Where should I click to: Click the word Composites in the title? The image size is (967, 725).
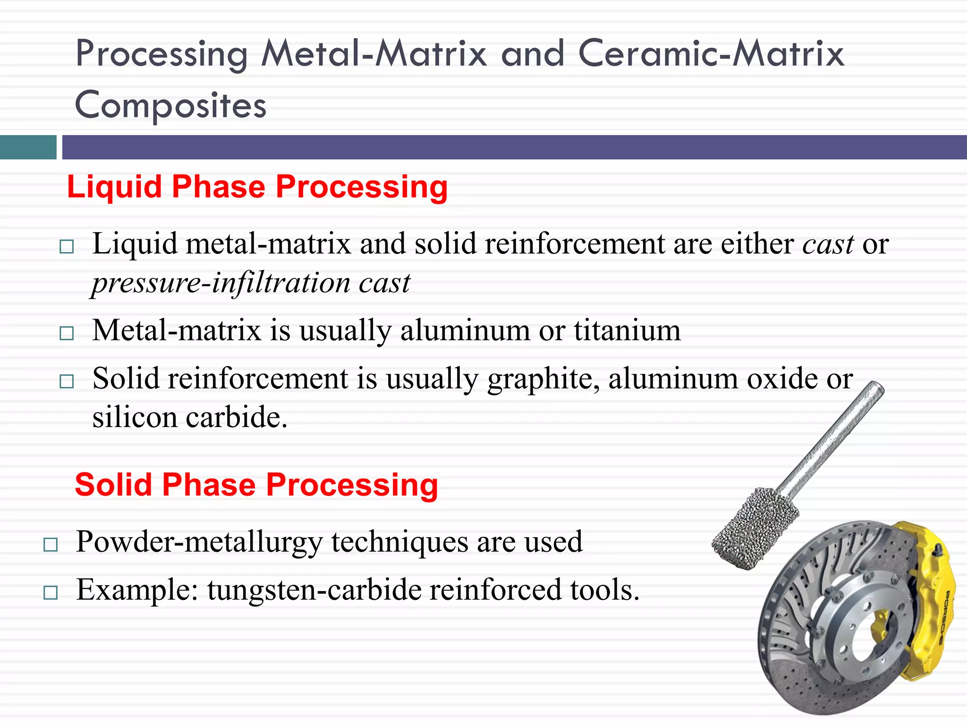pyautogui.click(x=171, y=105)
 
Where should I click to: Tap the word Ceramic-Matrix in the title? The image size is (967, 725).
pyautogui.click(x=711, y=53)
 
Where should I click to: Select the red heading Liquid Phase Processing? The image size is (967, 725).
pyautogui.click(x=257, y=187)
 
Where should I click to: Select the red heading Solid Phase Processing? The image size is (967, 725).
pyautogui.click(x=256, y=485)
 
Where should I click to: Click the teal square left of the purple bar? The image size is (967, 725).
pyautogui.click(x=28, y=147)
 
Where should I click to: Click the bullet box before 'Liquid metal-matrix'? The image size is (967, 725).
pyautogui.click(x=67, y=247)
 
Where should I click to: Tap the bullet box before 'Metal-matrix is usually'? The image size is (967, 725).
pyautogui.click(x=67, y=333)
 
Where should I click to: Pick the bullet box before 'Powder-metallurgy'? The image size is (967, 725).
pyautogui.click(x=50, y=545)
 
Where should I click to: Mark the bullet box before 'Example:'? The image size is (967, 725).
pyautogui.click(x=50, y=593)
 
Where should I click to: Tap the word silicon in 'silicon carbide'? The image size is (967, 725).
pyautogui.click(x=135, y=418)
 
